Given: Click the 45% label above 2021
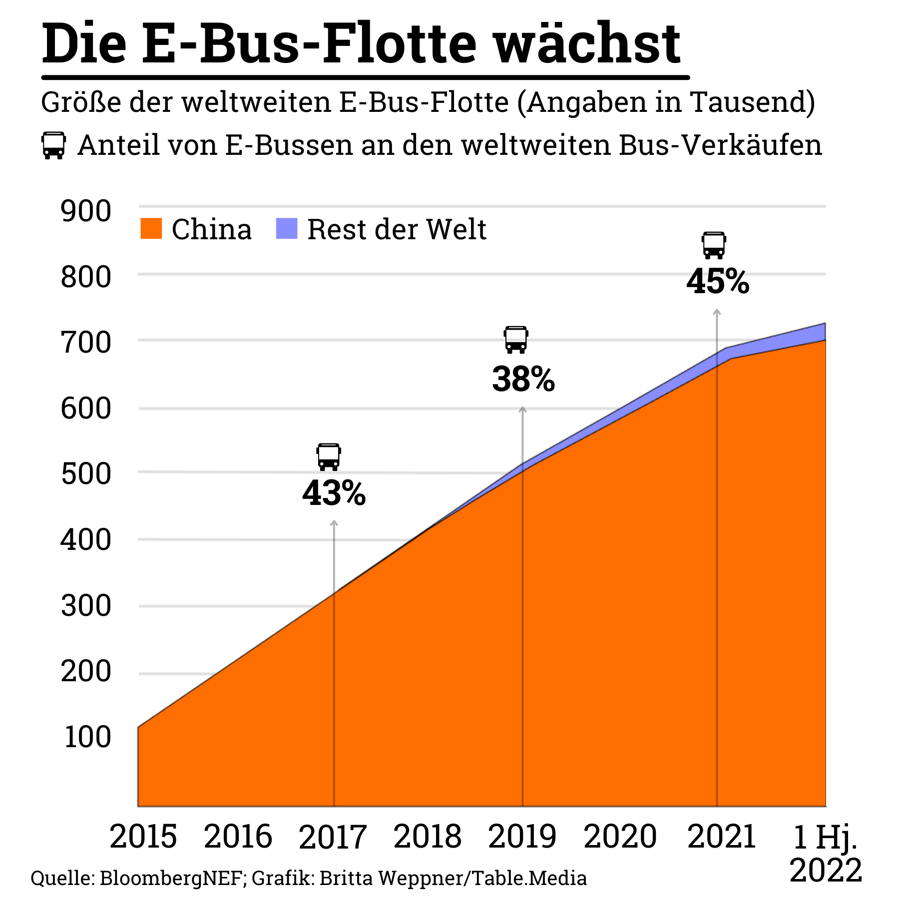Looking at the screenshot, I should click(x=718, y=282).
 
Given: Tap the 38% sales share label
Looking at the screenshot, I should click(x=523, y=379).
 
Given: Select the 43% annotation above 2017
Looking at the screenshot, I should click(x=334, y=493).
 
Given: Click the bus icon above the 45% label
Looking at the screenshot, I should click(x=714, y=245).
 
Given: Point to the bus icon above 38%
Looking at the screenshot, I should click(x=516, y=340).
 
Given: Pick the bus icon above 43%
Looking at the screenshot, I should click(x=329, y=456).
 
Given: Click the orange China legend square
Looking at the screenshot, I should click(x=151, y=228).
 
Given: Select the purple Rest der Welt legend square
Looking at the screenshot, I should click(x=287, y=228).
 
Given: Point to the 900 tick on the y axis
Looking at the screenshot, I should click(x=85, y=211).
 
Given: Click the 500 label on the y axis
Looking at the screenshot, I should click(x=85, y=474).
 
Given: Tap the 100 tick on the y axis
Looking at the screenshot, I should click(x=87, y=737).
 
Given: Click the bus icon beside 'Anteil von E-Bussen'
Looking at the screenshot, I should click(x=53, y=145).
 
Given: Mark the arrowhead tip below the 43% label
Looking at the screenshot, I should click(x=334, y=522).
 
